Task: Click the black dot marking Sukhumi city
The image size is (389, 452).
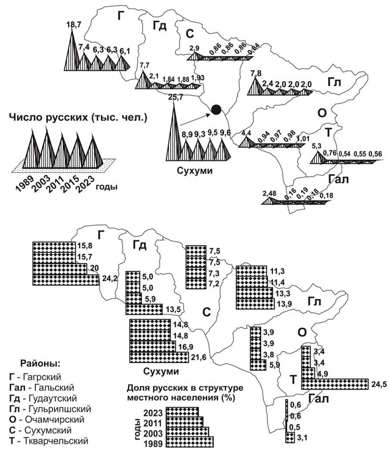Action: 216,109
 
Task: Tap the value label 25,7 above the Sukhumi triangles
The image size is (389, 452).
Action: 176,97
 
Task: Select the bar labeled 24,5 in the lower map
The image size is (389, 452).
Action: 335,384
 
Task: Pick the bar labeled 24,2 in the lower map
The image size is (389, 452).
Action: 66,280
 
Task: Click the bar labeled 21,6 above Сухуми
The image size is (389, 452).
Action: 159,357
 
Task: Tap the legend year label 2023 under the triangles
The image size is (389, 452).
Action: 83,183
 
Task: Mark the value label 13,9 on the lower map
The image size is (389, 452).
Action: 283,304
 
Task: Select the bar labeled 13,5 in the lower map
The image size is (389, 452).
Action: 144,309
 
